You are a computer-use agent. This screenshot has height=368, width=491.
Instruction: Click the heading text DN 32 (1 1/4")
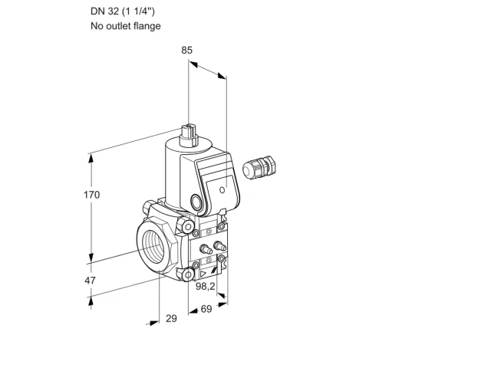coord(123,11)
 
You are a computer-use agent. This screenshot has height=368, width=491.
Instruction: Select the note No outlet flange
coord(126,25)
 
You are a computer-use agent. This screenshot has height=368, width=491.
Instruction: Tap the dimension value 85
coord(186,50)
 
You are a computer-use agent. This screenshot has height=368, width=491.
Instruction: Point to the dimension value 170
coord(91,195)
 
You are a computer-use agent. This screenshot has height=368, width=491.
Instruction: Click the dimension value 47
coord(90,281)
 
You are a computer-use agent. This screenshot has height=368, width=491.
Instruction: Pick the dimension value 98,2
coord(206,286)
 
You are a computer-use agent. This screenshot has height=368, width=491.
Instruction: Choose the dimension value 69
coord(206,309)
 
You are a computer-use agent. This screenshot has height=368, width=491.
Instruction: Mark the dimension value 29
coord(171,319)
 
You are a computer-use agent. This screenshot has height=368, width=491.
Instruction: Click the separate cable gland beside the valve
coord(259,167)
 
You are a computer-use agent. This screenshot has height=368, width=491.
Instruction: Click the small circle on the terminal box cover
coord(222,189)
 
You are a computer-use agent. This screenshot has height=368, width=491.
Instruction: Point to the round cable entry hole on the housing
coord(196,202)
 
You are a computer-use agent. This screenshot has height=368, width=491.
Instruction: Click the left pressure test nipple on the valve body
coord(206,249)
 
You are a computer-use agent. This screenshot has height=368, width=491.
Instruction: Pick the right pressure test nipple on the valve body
coord(219,245)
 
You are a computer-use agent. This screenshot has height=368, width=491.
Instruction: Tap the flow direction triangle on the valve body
coord(203,274)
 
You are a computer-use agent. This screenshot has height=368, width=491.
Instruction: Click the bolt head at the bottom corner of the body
coord(188,275)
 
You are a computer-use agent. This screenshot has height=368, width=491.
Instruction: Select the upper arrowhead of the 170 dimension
coord(91,159)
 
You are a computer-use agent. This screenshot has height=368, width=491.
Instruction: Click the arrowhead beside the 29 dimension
coord(153,323)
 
